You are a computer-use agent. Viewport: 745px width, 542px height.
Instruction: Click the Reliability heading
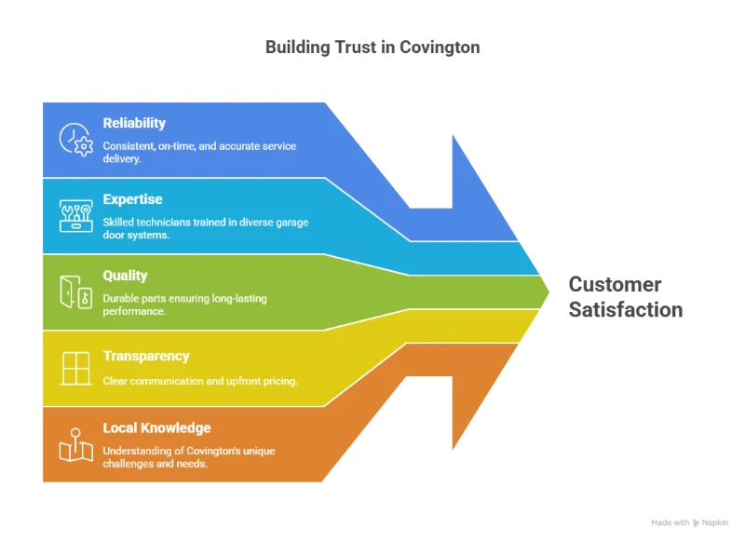[x=134, y=123]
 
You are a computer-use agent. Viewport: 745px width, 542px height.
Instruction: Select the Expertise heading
[x=132, y=199]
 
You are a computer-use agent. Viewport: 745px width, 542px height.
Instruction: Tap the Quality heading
[x=126, y=276]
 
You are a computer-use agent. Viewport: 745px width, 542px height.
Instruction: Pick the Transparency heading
[x=146, y=356]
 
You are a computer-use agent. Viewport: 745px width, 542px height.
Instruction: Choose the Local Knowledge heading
[x=156, y=428]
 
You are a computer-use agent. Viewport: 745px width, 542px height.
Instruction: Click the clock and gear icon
[x=74, y=139]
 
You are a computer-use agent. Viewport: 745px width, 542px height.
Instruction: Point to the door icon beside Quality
[x=74, y=291]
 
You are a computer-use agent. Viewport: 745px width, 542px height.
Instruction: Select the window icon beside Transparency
[x=74, y=367]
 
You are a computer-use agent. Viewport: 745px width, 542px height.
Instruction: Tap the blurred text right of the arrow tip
[x=626, y=298]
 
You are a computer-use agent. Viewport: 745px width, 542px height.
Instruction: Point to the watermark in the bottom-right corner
[x=689, y=522]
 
